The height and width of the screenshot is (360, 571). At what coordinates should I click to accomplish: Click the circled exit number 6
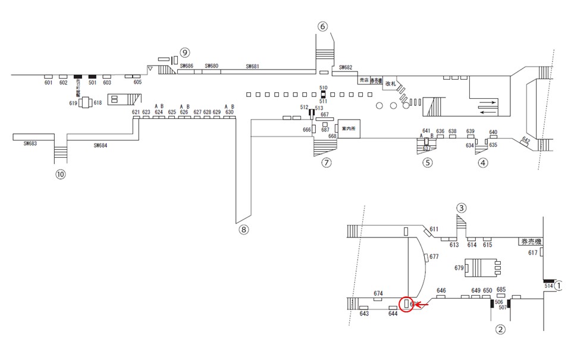(322, 26)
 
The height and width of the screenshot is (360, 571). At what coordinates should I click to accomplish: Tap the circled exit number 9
(185, 52)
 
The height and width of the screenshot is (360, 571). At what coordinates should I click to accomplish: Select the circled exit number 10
(60, 174)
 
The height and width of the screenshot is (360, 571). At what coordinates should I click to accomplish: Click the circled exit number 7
(326, 162)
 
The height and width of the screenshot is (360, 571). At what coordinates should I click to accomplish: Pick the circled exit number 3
(461, 208)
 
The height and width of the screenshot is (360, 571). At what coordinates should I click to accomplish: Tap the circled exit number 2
(500, 328)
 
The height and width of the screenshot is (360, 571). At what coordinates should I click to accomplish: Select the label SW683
(30, 143)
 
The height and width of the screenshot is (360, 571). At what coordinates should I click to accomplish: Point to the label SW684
(101, 145)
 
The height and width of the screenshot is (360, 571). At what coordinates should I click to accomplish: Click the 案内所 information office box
(349, 129)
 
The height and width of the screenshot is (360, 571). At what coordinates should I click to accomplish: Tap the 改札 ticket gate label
(390, 83)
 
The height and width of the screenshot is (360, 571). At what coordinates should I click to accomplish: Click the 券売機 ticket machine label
(531, 242)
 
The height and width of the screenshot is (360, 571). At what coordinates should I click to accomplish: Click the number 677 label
(434, 257)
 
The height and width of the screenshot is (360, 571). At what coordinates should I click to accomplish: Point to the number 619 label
(74, 103)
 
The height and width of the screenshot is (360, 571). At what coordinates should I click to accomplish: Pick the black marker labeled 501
(92, 77)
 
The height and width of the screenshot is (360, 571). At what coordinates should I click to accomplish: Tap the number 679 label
(459, 268)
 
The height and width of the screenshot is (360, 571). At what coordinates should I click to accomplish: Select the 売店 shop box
(363, 80)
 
